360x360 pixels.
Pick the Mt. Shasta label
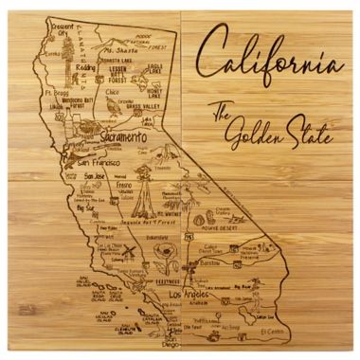pos(120,49)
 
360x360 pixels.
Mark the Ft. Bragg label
pos(54,95)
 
